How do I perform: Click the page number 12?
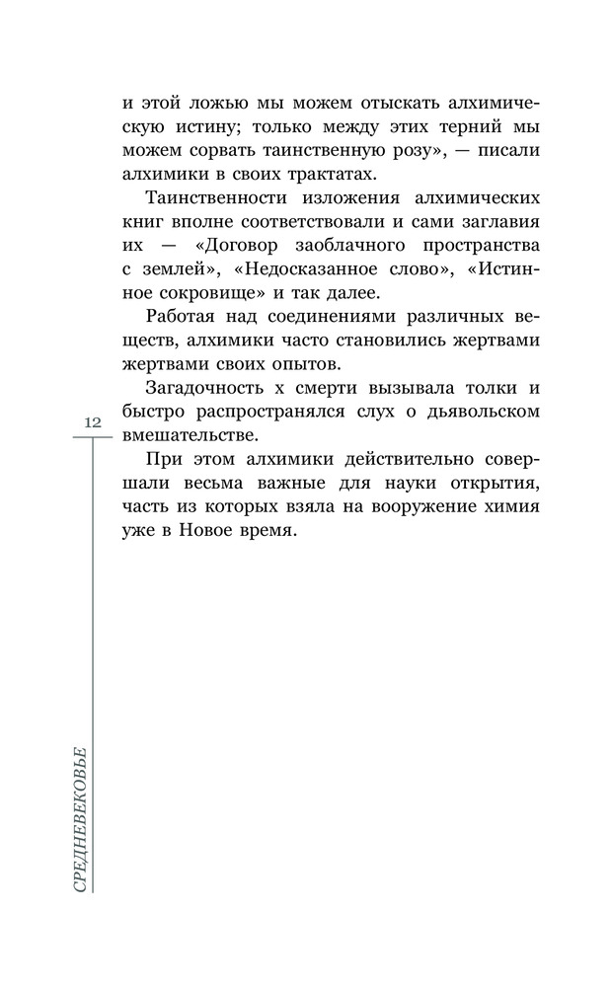(x=93, y=422)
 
